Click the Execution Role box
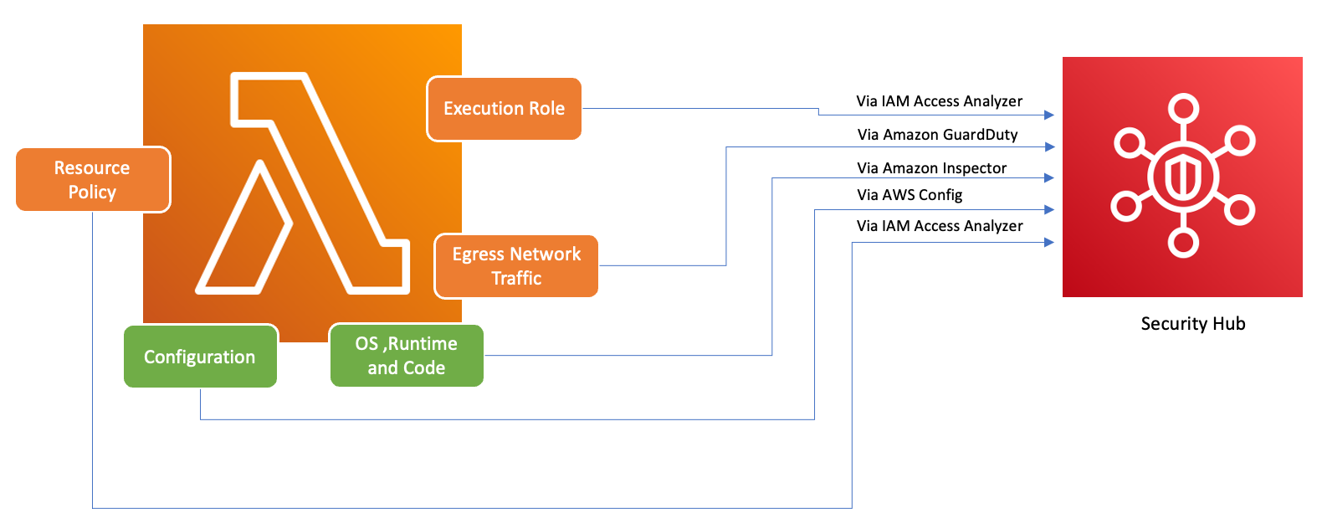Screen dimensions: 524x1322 tap(504, 109)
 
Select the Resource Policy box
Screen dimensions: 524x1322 tap(93, 180)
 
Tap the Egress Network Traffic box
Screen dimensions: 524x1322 tap(516, 266)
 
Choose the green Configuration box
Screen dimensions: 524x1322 tap(200, 357)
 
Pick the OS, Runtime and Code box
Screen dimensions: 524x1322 tap(407, 356)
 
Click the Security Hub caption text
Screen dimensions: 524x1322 tap(1192, 324)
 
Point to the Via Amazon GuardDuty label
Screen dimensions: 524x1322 tap(937, 135)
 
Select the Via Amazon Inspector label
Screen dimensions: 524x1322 tap(931, 168)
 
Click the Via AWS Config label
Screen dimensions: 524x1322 tap(910, 195)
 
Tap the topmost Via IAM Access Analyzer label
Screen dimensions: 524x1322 tap(939, 101)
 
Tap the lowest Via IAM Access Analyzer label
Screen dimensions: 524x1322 tap(939, 226)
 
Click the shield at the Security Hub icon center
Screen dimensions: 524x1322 tap(1183, 177)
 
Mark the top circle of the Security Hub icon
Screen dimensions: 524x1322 tap(1183, 109)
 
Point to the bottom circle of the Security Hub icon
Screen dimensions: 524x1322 tap(1183, 243)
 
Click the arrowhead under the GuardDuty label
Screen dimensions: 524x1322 tap(1049, 146)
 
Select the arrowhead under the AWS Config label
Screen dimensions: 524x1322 tap(1049, 210)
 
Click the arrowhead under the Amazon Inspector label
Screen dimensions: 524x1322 tap(1049, 177)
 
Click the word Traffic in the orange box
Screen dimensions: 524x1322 tap(516, 279)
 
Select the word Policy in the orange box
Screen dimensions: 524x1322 tap(92, 193)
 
